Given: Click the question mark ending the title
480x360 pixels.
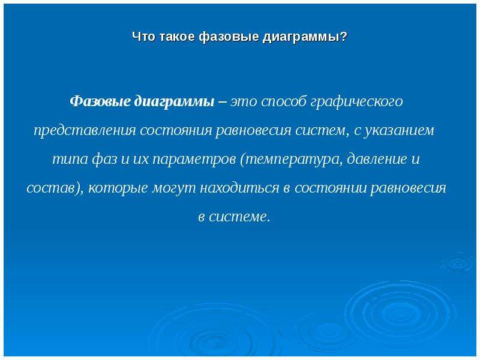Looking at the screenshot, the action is (x=344, y=37).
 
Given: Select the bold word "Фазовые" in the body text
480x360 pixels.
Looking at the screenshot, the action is (x=100, y=101).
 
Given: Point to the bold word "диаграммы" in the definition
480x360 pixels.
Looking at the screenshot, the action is (x=175, y=102).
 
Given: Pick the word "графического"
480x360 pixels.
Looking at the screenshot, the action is (x=356, y=102).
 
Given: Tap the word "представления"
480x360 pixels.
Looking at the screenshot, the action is (x=85, y=131).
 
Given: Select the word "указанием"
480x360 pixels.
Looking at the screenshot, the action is (x=398, y=131).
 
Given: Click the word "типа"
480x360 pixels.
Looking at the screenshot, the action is (x=70, y=159).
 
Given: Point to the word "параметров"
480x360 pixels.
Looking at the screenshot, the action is (x=194, y=160).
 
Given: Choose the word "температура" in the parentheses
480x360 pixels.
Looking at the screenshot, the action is (x=291, y=160).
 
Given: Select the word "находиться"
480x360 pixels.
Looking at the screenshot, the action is (x=239, y=188).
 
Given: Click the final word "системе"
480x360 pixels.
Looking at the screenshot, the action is (x=238, y=217).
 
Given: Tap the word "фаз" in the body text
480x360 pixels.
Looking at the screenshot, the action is (x=104, y=160).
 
